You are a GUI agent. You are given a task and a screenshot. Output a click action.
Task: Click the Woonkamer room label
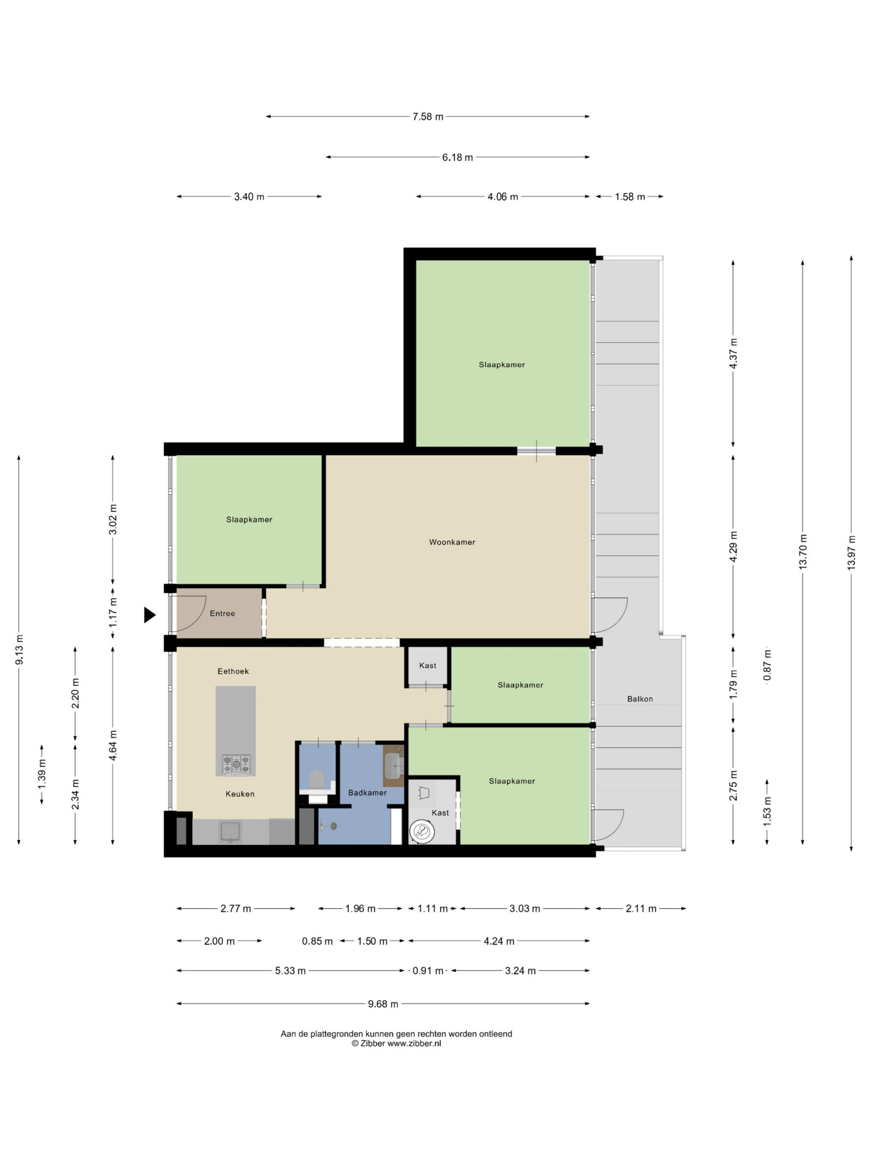tap(452, 542)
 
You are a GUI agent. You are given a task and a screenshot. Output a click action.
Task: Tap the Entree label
tap(222, 613)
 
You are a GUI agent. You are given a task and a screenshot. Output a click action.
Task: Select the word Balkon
tap(640, 699)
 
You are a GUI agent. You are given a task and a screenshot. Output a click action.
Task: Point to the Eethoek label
tap(233, 671)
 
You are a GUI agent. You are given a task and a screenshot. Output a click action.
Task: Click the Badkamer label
tap(367, 793)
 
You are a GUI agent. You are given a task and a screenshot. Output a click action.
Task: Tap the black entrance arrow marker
tap(150, 615)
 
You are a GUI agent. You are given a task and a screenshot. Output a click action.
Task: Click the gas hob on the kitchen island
tap(236, 765)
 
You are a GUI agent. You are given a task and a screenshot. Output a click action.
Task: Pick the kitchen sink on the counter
tap(230, 832)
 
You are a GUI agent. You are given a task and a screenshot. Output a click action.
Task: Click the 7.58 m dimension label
tap(428, 117)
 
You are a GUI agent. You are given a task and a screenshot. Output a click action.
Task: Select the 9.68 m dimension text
tap(383, 1004)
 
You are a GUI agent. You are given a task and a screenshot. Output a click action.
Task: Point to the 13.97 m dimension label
tap(851, 553)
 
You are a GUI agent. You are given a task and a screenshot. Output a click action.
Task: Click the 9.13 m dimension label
tap(19, 650)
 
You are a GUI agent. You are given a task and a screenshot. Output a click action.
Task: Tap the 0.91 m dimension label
tap(428, 971)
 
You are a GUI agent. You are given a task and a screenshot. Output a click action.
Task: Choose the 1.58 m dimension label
tap(630, 197)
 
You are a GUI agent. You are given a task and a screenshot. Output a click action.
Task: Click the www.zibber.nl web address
tap(414, 1043)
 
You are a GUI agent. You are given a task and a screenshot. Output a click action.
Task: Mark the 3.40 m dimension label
tap(249, 197)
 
